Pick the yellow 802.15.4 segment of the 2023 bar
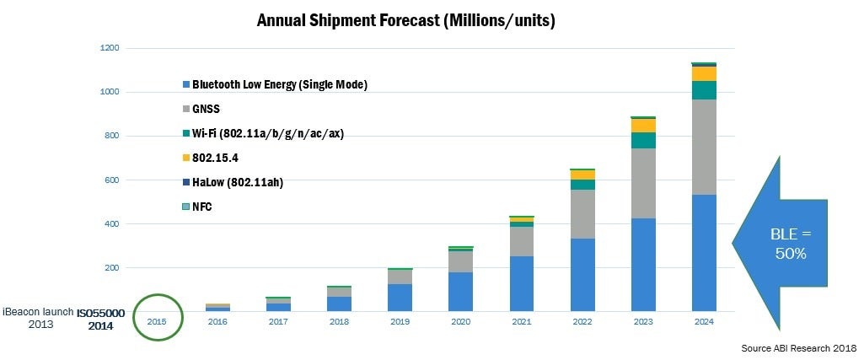click(x=643, y=126)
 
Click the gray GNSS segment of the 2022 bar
click(x=582, y=214)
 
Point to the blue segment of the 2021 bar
click(x=522, y=283)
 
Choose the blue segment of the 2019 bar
click(x=400, y=297)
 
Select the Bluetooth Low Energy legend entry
click(x=275, y=84)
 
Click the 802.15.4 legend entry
click(x=212, y=157)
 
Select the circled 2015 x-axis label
click(x=157, y=321)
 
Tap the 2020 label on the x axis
click(x=460, y=321)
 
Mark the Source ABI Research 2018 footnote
click(x=798, y=347)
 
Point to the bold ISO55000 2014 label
click(x=100, y=319)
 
